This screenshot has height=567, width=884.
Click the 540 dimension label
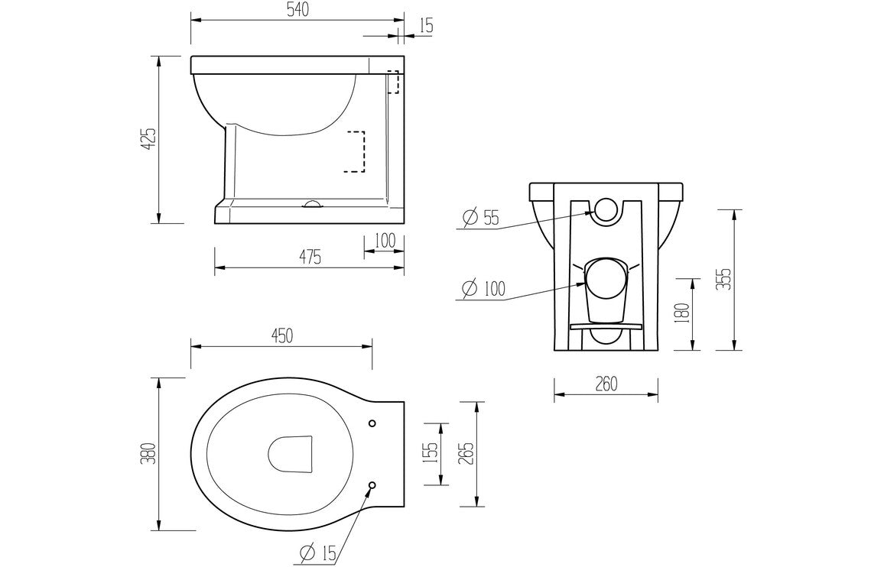[x=297, y=8]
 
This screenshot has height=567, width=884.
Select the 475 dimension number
[x=309, y=257]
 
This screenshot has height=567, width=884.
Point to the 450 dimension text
[x=281, y=336]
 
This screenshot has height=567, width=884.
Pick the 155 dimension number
[x=430, y=453]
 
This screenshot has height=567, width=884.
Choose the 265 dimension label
[x=466, y=453]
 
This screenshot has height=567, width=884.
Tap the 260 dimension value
[x=605, y=384]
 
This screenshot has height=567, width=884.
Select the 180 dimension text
[x=684, y=313]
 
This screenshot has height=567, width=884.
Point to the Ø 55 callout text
[x=481, y=218]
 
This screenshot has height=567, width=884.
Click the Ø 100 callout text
[x=483, y=289]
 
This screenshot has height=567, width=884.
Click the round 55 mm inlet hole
[x=606, y=209]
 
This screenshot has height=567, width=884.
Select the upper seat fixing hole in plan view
[x=372, y=423]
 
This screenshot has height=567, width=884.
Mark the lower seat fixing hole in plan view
[x=372, y=484]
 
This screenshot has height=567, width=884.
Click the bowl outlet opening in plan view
[x=291, y=454]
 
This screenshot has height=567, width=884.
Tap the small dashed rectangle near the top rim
[x=393, y=82]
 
